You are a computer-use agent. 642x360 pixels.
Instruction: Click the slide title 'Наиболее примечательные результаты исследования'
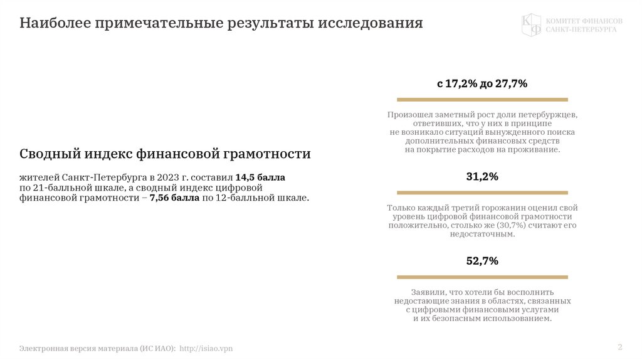(x=221, y=24)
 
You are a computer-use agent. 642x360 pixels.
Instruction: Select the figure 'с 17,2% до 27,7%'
(x=482, y=83)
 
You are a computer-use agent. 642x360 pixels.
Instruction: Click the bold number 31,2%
(x=482, y=177)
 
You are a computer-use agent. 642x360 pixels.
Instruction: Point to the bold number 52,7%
(x=482, y=261)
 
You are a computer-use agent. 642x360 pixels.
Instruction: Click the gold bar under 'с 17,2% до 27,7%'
(x=482, y=99)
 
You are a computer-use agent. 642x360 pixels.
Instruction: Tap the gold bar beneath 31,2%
(x=482, y=193)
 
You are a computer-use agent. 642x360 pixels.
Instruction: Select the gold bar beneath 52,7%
(x=482, y=277)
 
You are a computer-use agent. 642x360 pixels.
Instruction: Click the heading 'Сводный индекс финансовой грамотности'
(x=165, y=154)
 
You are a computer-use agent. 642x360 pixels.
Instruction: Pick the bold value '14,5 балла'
(x=260, y=177)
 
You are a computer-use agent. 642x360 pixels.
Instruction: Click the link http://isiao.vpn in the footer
(x=206, y=347)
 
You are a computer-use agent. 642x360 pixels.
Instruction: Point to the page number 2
(x=619, y=347)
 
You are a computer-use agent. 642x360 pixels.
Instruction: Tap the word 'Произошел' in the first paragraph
(x=408, y=115)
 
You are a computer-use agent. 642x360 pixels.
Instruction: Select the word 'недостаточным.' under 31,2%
(x=482, y=233)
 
